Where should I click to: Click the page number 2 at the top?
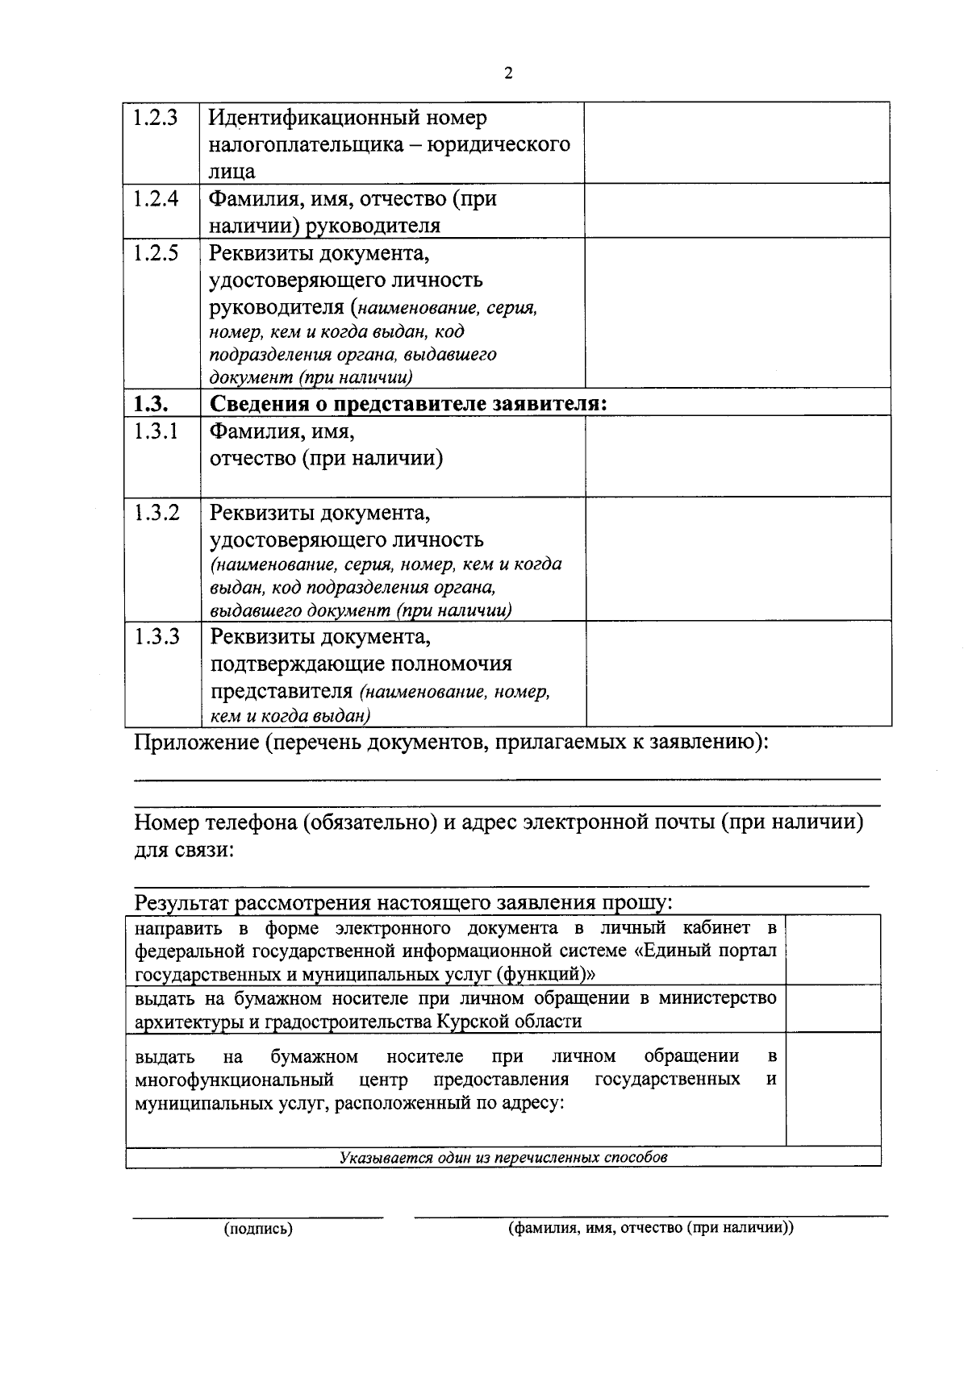click(507, 74)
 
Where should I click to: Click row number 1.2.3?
click(156, 118)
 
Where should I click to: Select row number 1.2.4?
click(156, 198)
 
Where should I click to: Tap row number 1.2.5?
click(156, 253)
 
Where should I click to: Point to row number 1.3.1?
click(156, 431)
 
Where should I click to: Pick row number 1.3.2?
click(156, 513)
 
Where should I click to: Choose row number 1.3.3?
click(156, 637)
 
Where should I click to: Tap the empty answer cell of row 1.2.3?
click(736, 143)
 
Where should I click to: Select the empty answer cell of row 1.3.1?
click(738, 456)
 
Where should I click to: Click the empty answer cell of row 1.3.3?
click(738, 673)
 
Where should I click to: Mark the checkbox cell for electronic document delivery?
click(833, 950)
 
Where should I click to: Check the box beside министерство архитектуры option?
click(833, 1009)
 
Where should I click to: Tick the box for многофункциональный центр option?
click(833, 1089)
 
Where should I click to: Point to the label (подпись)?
click(258, 1229)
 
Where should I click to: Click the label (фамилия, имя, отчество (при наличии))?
click(650, 1228)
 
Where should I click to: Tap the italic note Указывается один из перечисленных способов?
click(503, 1157)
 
